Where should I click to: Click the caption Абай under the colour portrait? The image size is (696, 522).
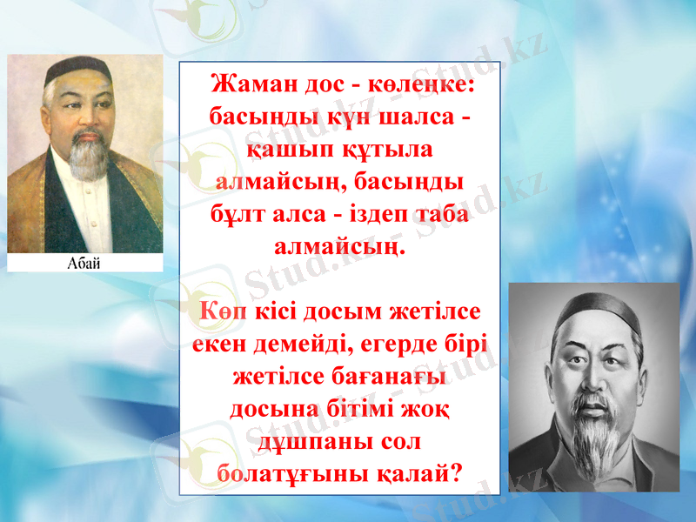click(84, 264)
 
